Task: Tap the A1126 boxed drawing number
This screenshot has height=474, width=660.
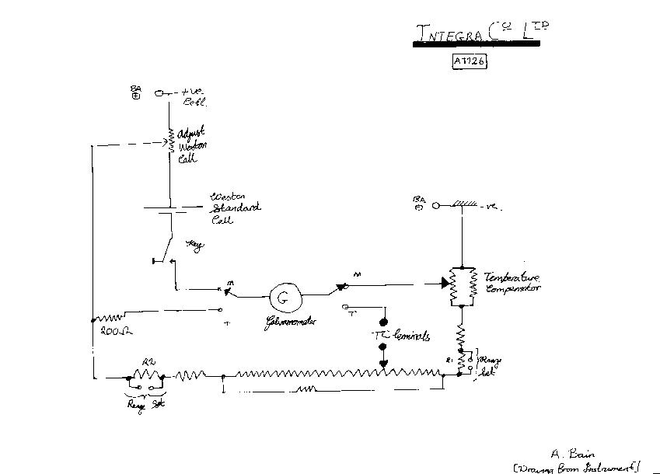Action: (x=470, y=61)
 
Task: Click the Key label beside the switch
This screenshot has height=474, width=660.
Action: (x=195, y=246)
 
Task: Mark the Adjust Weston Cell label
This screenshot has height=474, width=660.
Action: (x=191, y=145)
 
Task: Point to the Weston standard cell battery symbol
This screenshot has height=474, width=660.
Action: (x=167, y=208)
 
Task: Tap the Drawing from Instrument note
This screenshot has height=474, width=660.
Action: (x=577, y=466)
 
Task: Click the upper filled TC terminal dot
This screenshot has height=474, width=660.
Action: (x=383, y=322)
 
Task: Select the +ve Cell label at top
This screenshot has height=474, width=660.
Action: (x=190, y=96)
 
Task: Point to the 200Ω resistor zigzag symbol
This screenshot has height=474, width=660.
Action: (x=109, y=317)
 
